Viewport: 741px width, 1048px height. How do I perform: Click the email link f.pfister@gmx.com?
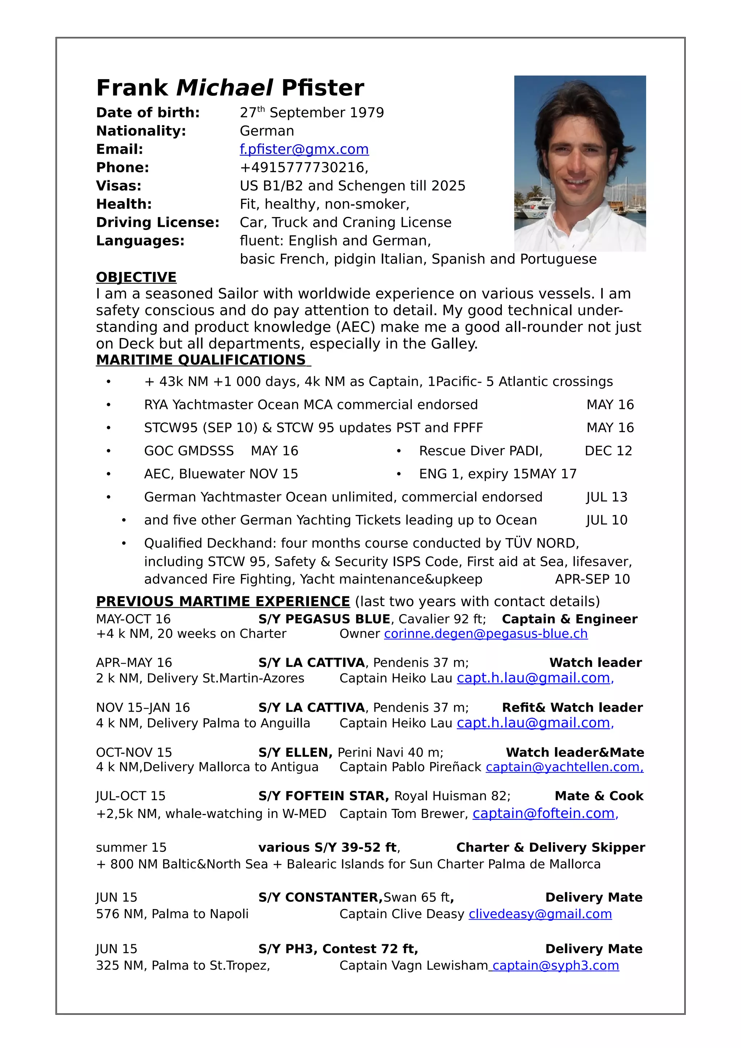pyautogui.click(x=304, y=149)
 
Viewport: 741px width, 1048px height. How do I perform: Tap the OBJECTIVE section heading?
pyautogui.click(x=136, y=277)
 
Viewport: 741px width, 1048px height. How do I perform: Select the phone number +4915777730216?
pyautogui.click(x=304, y=167)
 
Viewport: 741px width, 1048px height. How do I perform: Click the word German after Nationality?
pyautogui.click(x=267, y=131)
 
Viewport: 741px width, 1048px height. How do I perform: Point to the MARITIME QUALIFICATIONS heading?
pyautogui.click(x=201, y=360)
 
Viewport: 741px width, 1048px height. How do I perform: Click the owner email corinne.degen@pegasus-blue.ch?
pyautogui.click(x=486, y=634)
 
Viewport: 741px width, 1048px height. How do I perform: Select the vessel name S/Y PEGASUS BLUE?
pyautogui.click(x=324, y=619)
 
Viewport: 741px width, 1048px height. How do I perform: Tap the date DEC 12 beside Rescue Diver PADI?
pyautogui.click(x=608, y=451)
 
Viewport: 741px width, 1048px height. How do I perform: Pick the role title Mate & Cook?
pyautogui.click(x=598, y=796)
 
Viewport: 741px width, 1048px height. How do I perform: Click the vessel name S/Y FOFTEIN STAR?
pyautogui.click(x=323, y=796)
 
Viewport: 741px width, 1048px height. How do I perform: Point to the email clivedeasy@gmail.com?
pyautogui.click(x=540, y=914)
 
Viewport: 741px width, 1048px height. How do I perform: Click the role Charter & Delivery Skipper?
pyautogui.click(x=550, y=847)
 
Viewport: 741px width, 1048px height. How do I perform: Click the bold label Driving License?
pyautogui.click(x=157, y=222)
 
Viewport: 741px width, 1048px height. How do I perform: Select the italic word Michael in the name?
pyautogui.click(x=224, y=88)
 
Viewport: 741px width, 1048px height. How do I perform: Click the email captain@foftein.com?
pyautogui.click(x=543, y=813)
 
